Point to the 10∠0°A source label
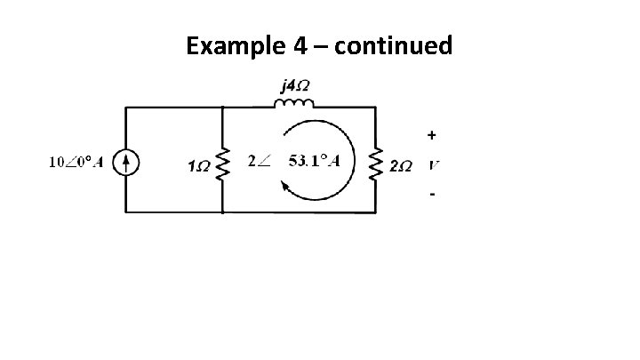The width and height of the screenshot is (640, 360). (x=74, y=163)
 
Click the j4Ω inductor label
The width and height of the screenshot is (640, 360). (x=295, y=86)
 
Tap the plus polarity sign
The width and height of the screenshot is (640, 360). (x=432, y=136)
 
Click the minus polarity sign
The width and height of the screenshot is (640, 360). (x=432, y=194)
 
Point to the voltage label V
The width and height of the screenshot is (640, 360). (x=433, y=165)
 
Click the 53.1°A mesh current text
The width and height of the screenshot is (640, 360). (x=318, y=161)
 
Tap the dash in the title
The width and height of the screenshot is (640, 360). (x=336, y=46)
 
